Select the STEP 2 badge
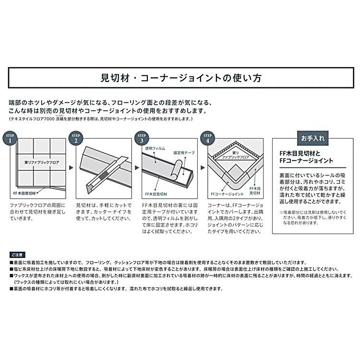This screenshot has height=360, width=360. click(76, 139)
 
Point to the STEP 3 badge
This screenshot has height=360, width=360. click(142, 139)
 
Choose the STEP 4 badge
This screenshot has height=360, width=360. click(207, 139)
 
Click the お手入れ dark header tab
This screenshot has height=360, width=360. click(312, 138)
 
